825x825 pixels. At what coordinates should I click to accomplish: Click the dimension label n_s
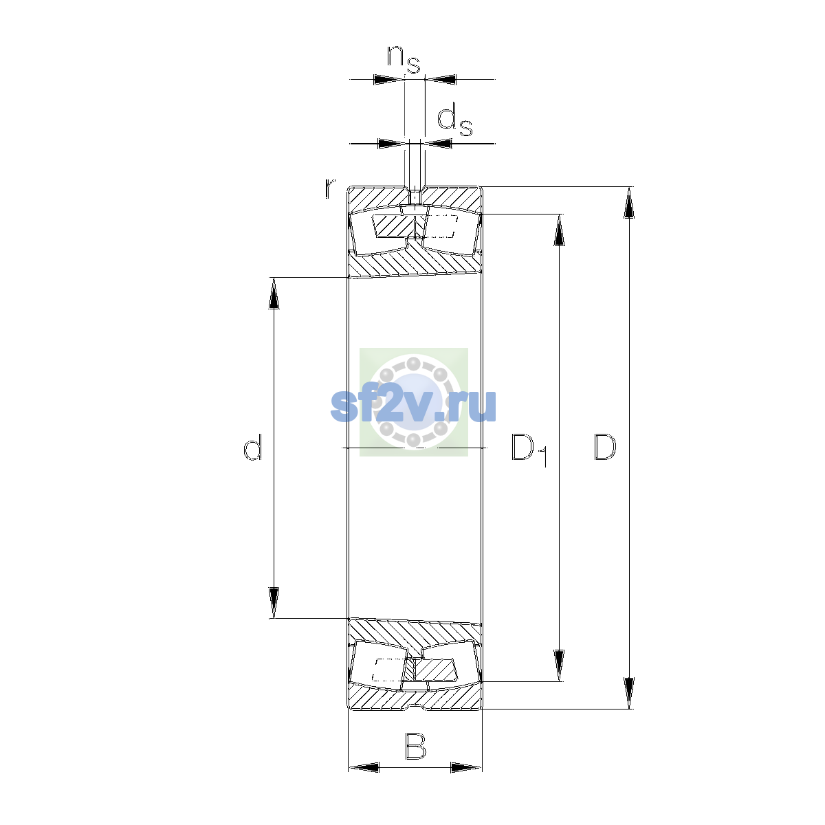tap(404, 60)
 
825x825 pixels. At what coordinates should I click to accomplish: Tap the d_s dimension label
tap(454, 121)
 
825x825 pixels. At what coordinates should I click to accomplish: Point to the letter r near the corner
tap(330, 188)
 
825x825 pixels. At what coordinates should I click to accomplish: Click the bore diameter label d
tap(252, 448)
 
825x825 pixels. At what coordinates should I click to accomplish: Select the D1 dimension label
tap(529, 450)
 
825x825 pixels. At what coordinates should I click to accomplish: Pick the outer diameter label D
tap(604, 448)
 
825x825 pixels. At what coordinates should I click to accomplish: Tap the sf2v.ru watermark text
tap(413, 406)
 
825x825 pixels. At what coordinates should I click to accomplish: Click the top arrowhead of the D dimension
tap(628, 203)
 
